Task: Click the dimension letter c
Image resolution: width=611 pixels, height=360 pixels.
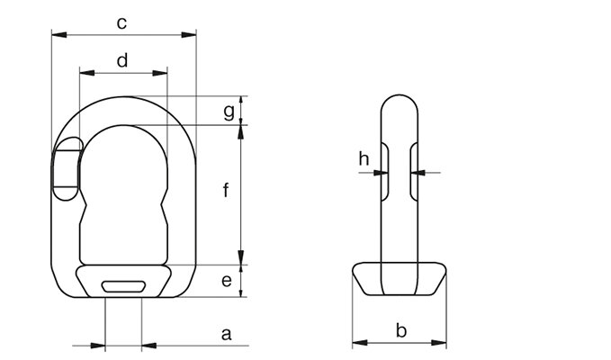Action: point(121,23)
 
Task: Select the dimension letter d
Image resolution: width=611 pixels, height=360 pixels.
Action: point(122,61)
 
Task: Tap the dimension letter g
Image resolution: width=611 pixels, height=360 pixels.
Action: point(229,112)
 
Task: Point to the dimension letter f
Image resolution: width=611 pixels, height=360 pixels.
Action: point(226,190)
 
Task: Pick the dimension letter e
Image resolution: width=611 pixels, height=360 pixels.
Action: point(227,280)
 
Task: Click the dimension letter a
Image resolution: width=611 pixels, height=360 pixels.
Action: point(227,334)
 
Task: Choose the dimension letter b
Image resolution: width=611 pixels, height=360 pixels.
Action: point(401,330)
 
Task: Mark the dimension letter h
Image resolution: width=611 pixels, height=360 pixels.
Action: point(364,159)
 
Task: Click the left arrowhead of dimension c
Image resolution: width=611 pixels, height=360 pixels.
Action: point(58,35)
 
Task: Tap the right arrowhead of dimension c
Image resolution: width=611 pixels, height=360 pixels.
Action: point(189,35)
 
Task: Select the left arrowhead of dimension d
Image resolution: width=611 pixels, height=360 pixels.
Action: point(87,73)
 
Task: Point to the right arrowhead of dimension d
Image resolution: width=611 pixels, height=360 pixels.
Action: point(160,73)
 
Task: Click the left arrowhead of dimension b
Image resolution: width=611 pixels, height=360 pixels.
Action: point(360,343)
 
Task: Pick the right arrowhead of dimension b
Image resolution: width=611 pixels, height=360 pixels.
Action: point(439,343)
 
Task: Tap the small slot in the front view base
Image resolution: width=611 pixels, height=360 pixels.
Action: point(123,286)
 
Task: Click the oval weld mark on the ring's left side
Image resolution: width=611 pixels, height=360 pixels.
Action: point(67,168)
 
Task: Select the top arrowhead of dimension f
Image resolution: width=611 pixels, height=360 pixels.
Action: point(241,132)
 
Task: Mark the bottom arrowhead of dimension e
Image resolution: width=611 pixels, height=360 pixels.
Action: point(241,291)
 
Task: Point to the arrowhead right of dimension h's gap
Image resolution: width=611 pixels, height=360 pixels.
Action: point(418,172)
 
